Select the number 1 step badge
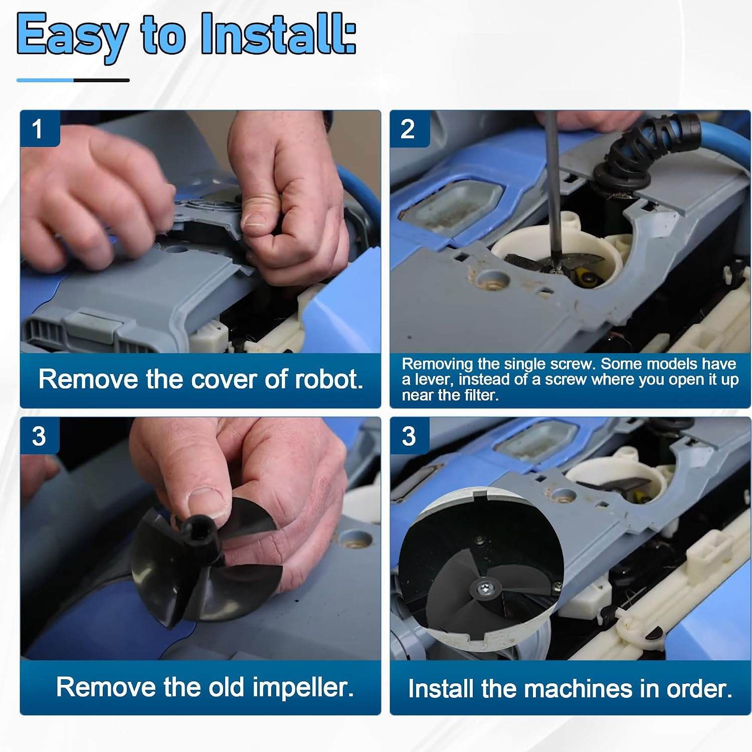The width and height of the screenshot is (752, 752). coord(38,129)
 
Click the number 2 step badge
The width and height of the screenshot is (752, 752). coord(408,129)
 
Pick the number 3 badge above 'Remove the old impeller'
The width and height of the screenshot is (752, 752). coord(39,436)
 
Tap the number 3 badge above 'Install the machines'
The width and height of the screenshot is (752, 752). coord(409,436)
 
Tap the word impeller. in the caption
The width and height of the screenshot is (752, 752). coord(303,687)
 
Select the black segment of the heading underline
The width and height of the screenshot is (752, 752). coord(102,80)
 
